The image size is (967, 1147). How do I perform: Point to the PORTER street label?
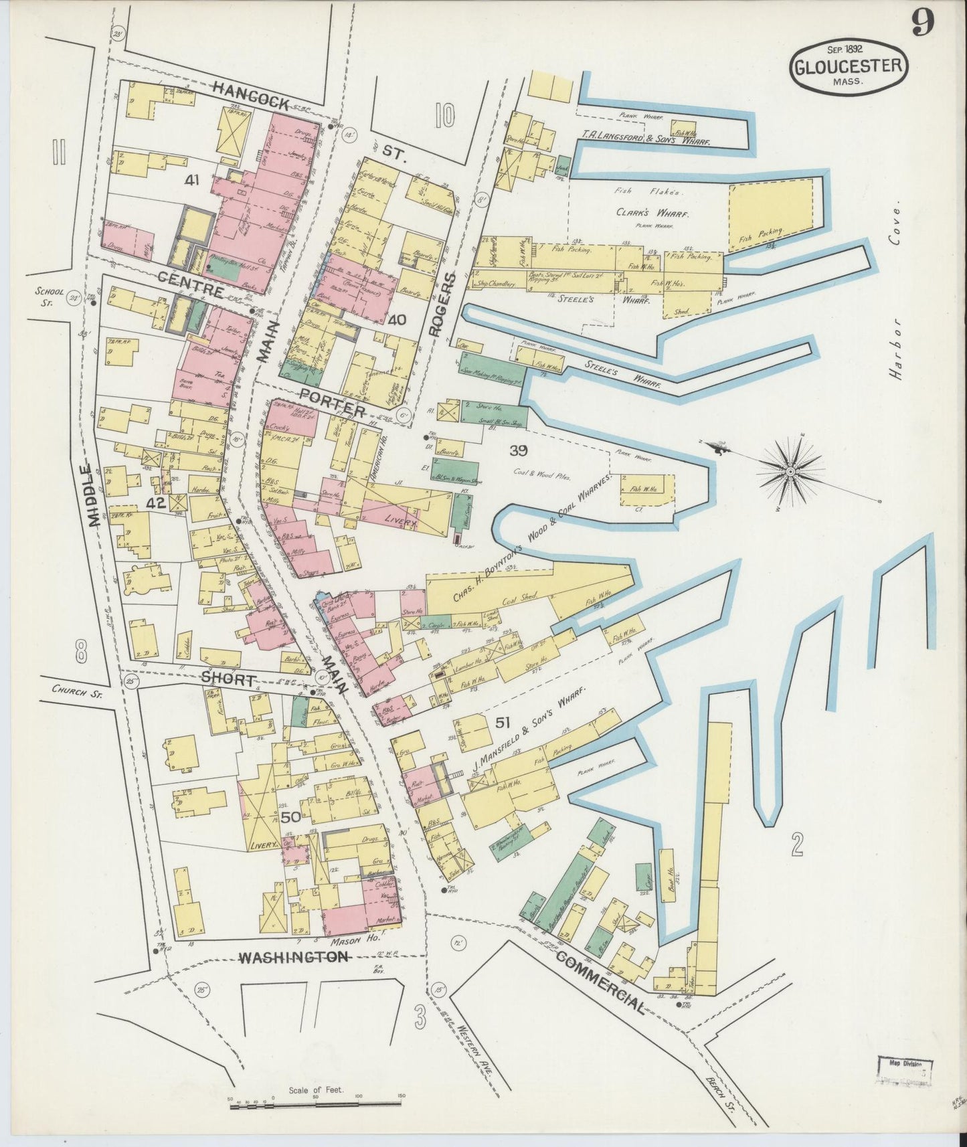coord(333,401)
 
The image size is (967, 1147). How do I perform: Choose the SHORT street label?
coord(229,679)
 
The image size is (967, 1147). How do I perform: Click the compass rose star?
coord(790,472)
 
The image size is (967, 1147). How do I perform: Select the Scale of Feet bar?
coord(316,1107)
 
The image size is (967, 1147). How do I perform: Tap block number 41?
coord(193,180)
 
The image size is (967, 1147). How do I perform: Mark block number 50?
coord(290,817)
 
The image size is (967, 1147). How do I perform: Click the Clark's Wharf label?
coord(652,213)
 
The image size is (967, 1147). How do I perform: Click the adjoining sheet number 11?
coord(58,153)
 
